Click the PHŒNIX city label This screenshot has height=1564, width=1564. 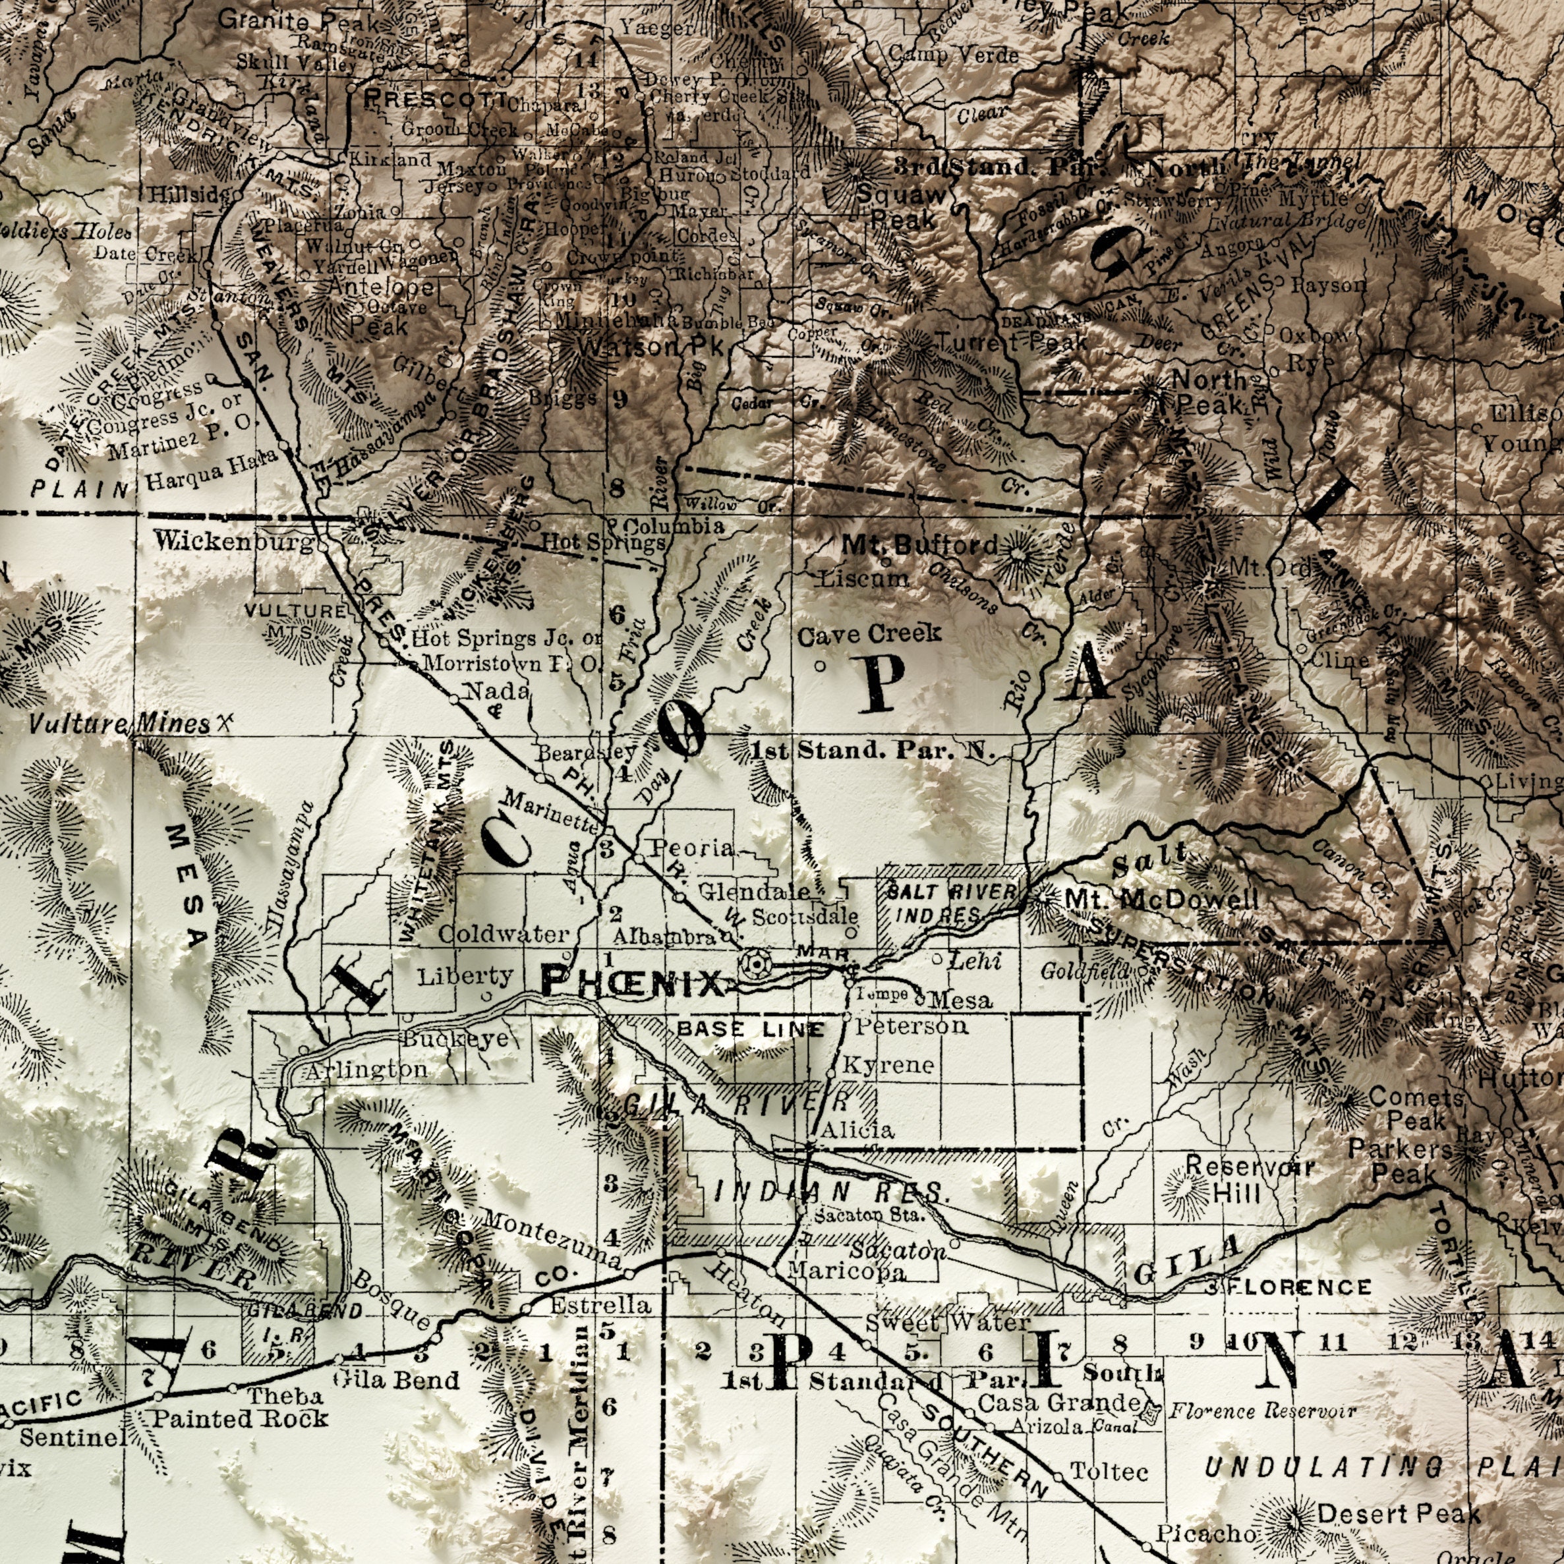point(632,983)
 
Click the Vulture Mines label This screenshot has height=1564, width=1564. point(120,723)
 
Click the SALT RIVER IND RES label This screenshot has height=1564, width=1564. point(950,903)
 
